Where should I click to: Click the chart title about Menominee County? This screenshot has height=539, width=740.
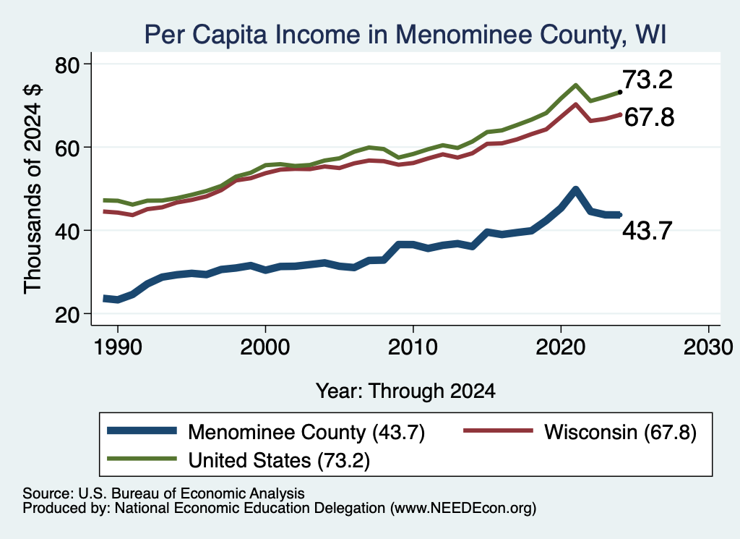405,35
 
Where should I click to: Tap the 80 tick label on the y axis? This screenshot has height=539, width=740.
67,64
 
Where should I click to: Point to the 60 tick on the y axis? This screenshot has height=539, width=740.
67,148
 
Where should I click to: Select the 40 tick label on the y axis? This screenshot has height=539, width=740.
67,231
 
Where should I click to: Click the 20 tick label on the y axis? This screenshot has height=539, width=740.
67,315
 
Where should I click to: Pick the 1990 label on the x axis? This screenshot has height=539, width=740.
118,348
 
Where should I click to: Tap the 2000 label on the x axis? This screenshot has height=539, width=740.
265,348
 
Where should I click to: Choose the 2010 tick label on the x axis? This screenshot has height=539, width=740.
413,348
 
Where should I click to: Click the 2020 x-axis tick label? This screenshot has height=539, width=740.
561,348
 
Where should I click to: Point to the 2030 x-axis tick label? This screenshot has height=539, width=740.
708,348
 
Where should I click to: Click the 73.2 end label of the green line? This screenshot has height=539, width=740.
647,80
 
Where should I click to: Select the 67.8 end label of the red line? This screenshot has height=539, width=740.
650,117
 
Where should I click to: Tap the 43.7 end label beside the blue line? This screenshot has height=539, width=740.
647,231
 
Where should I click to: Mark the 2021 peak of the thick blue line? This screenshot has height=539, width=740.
575,190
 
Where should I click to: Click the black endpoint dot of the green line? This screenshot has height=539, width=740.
619,92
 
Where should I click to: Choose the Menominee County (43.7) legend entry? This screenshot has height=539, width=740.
266,432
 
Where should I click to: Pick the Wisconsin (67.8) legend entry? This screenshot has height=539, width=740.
580,432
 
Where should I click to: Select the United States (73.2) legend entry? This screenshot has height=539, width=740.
238,460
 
